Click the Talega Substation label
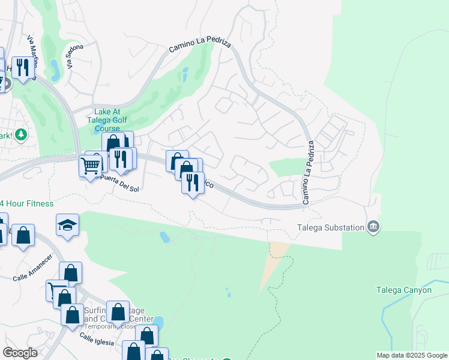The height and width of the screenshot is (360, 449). click(x=331, y=227)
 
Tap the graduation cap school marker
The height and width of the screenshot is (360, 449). click(x=67, y=226)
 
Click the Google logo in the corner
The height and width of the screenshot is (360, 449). click(x=20, y=353)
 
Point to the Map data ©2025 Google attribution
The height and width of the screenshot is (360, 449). click(x=412, y=356)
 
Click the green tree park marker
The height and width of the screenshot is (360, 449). click(x=22, y=133)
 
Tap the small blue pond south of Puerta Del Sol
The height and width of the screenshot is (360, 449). click(x=164, y=237)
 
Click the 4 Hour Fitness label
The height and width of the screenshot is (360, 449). click(x=26, y=204)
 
